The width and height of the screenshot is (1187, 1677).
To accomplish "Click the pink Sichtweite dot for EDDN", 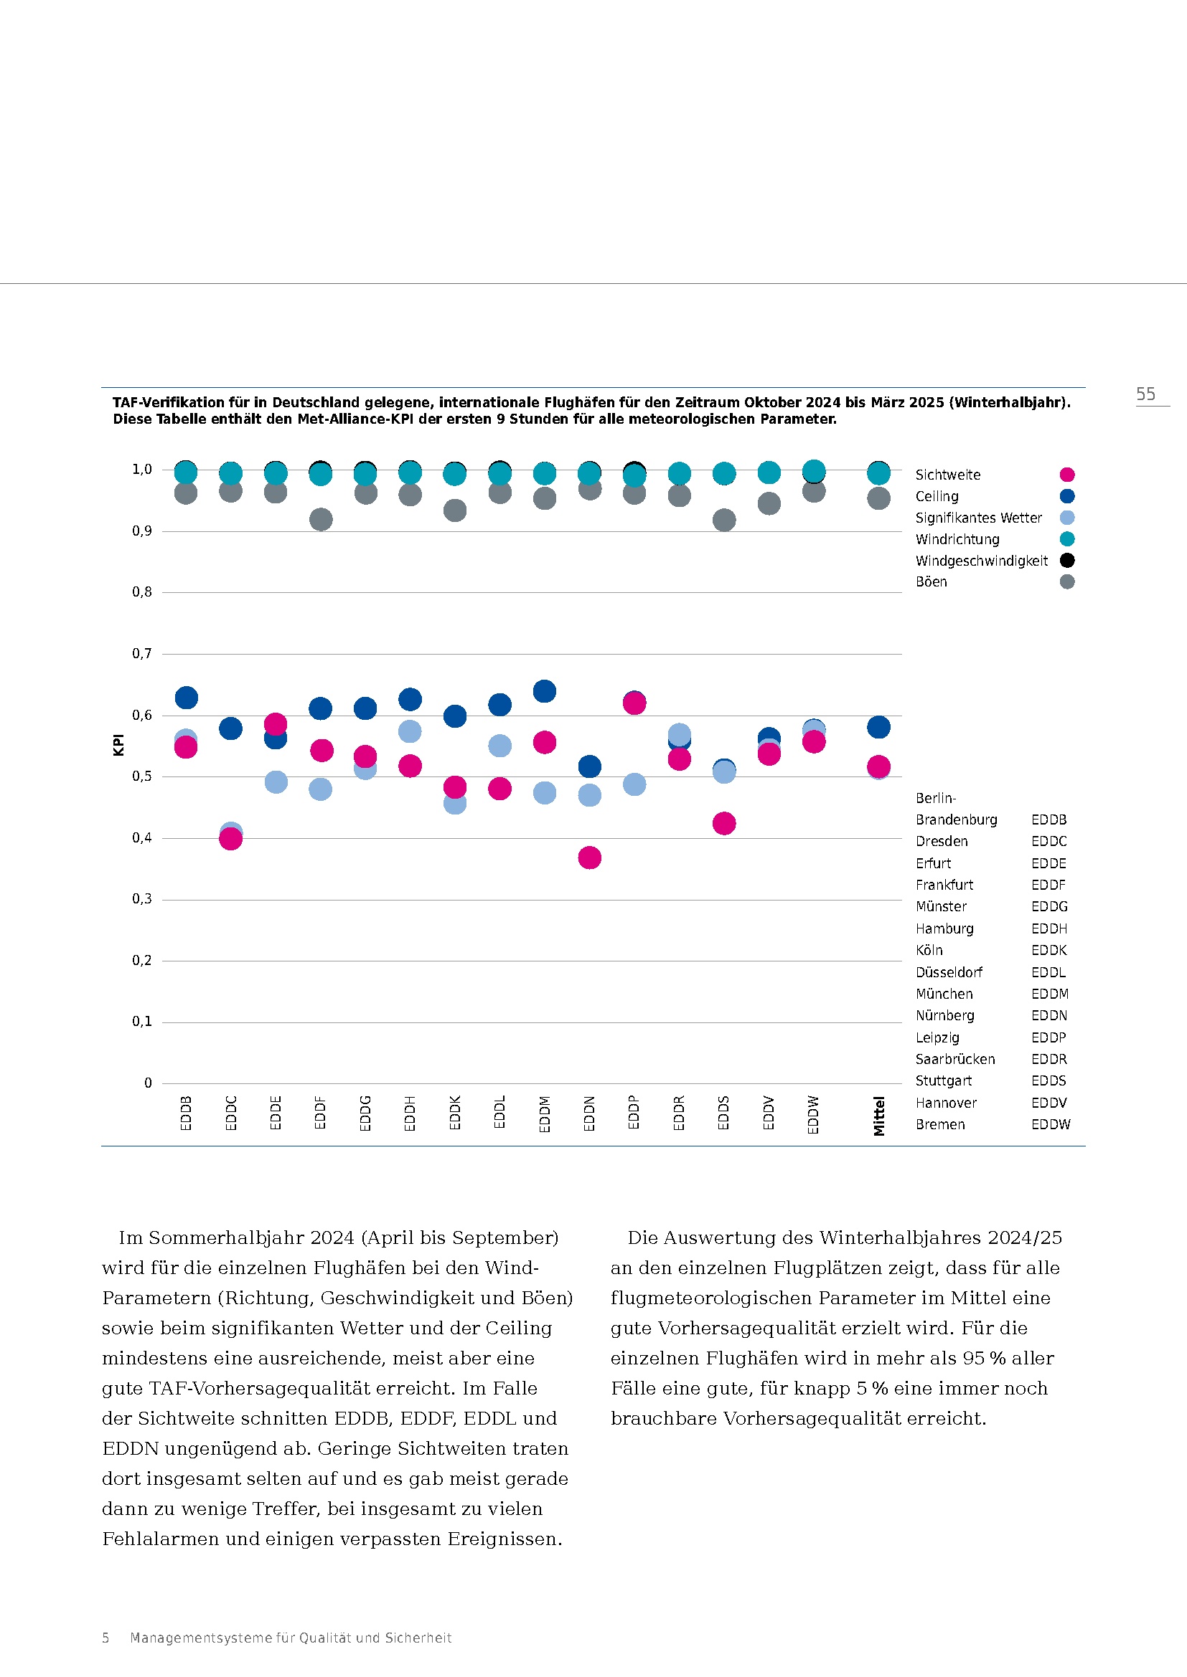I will [x=589, y=857].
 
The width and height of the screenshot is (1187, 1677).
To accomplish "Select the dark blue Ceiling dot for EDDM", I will [x=544, y=691].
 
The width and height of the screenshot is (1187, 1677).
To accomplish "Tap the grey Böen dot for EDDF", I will [x=321, y=519].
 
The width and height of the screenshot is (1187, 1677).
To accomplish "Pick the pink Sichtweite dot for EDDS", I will [x=723, y=823].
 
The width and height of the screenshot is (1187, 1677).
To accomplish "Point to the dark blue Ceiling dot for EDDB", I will [x=187, y=698].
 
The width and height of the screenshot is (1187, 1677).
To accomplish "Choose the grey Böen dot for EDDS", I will [x=723, y=520].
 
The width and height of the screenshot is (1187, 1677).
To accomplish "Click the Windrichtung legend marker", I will [x=1066, y=539].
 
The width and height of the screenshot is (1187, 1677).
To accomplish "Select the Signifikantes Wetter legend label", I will [x=978, y=518].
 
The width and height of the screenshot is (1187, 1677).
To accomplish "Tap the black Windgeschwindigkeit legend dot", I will [x=1066, y=560].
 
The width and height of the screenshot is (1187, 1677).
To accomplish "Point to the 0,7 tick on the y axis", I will [x=142, y=653].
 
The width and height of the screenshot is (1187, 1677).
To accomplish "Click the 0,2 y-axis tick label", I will [x=142, y=960].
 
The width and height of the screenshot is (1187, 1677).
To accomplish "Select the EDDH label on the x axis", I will [x=410, y=1113].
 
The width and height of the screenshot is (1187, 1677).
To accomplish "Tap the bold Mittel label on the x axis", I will [x=878, y=1116].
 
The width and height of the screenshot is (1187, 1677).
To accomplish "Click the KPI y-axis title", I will [x=118, y=745].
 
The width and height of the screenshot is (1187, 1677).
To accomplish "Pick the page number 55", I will [x=1145, y=394].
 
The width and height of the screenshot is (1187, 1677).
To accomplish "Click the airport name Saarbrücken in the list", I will [x=954, y=1059].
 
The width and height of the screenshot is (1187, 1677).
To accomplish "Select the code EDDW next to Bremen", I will [x=1051, y=1124].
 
